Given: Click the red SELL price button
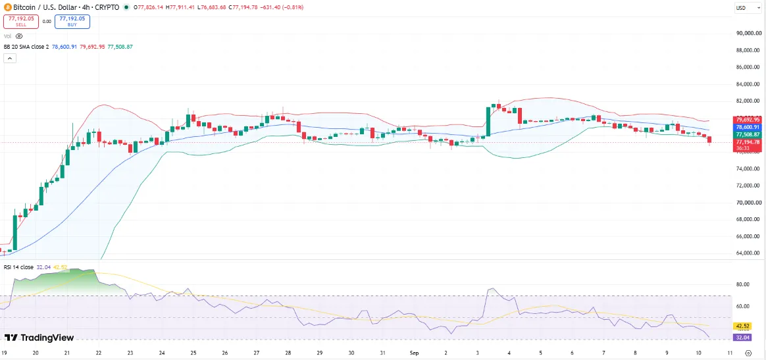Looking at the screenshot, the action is pos(21,22).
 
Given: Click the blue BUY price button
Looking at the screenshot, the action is pos(72,22).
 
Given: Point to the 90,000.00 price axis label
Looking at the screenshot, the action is pos(748,33).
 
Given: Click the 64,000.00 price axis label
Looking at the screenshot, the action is pos(748,253).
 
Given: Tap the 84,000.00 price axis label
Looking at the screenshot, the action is pos(748,84).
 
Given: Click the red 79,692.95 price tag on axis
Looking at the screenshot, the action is pos(748,120).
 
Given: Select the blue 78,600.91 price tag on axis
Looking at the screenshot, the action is pos(748,127).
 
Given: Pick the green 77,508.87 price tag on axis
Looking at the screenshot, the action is pos(748,134).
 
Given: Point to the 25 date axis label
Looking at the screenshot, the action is pos(193,353).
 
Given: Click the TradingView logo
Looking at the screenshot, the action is pos(39,338).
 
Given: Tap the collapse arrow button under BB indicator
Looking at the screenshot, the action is pos(10,58).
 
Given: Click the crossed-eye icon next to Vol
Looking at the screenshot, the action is pos(19,36).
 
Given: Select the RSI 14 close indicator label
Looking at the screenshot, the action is pos(18,267).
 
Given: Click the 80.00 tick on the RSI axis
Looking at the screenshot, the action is pos(743,284).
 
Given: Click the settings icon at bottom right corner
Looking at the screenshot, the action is pos(748,353).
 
